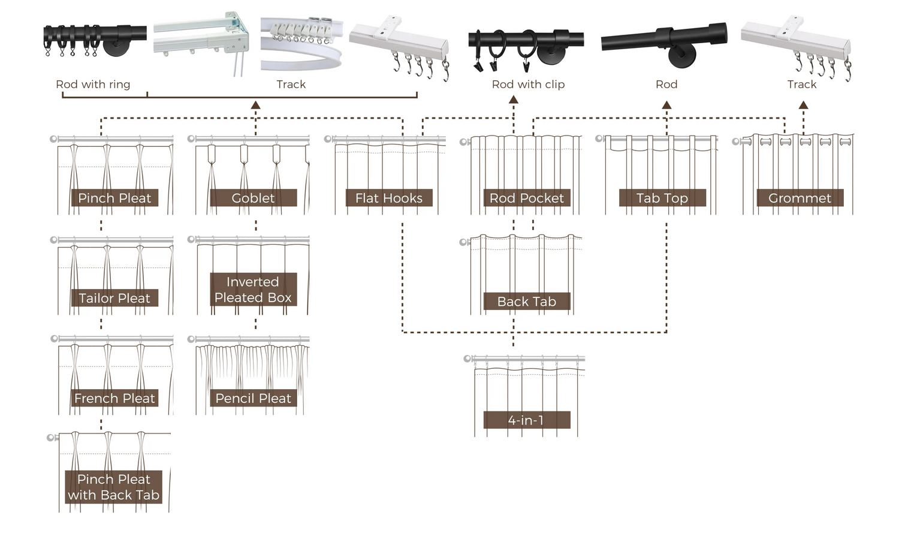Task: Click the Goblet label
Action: click(x=253, y=198)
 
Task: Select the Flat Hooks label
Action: click(x=389, y=198)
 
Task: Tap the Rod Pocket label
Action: click(x=526, y=198)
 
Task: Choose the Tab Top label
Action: click(x=662, y=198)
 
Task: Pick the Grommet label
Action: click(x=800, y=198)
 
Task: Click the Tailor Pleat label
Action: click(x=114, y=298)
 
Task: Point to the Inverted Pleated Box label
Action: click(x=253, y=290)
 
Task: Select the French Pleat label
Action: click(x=114, y=398)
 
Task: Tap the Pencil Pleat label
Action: click(x=253, y=398)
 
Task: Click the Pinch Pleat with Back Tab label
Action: click(x=114, y=487)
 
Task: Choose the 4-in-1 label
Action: click(x=526, y=420)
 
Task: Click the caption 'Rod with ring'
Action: click(x=93, y=85)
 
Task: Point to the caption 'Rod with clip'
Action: click(x=528, y=85)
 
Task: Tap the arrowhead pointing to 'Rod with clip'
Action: click(x=513, y=100)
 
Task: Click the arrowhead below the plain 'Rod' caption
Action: click(x=666, y=105)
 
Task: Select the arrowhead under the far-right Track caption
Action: click(x=804, y=105)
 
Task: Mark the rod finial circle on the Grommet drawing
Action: click(x=736, y=142)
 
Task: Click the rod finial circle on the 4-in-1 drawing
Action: click(x=467, y=359)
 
